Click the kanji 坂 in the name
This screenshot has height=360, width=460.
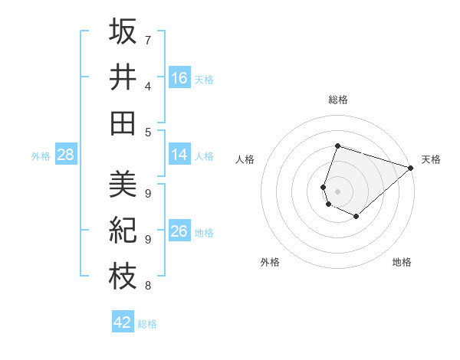tap(123, 31)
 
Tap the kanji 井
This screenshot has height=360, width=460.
tap(123, 77)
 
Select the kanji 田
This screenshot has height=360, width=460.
tap(123, 123)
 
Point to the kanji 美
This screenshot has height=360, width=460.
tap(123, 185)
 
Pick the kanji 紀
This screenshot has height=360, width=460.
tap(123, 231)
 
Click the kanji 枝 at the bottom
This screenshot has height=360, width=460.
tap(123, 277)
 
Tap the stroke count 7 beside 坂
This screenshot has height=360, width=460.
tap(147, 40)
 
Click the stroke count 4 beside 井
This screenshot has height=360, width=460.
tap(147, 86)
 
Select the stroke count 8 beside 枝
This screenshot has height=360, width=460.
tap(147, 286)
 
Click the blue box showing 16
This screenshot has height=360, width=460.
tap(179, 77)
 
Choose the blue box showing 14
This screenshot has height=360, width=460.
tap(179, 155)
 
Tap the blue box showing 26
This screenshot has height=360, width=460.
tap(179, 231)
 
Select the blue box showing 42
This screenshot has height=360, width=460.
tap(123, 322)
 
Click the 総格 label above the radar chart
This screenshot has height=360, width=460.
tap(337, 100)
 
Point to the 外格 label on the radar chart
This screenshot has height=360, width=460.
tap(270, 262)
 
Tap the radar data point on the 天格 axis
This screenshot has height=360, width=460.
tap(411, 168)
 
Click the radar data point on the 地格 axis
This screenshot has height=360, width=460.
tap(356, 217)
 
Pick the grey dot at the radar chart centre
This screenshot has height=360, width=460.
tap(337, 191)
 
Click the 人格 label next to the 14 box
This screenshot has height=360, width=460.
tap(204, 155)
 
